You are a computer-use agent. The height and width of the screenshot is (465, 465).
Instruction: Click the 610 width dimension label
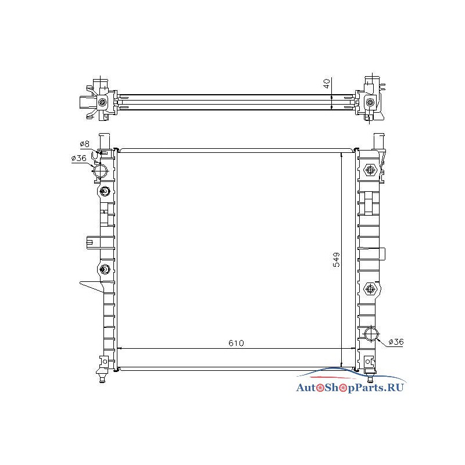pyautogui.click(x=236, y=343)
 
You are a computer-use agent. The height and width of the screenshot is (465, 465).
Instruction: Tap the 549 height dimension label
pyautogui.click(x=337, y=260)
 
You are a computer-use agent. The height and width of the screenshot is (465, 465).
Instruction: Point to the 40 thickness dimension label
pyautogui.click(x=327, y=83)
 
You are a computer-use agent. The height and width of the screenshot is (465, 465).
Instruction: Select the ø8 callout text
pyautogui.click(x=84, y=144)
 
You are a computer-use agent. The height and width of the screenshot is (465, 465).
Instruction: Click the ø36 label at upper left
pyautogui.click(x=78, y=158)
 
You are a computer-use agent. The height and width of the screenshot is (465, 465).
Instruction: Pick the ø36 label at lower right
pyautogui.click(x=396, y=342)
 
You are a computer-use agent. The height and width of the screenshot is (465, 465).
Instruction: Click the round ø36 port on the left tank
pyautogui.click(x=100, y=171)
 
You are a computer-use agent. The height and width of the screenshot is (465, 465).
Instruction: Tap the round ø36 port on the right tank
pyautogui.click(x=371, y=334)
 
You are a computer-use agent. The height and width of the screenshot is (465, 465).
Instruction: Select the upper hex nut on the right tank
pyautogui.click(x=370, y=170)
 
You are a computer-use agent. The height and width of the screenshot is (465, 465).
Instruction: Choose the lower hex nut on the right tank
pyautogui.click(x=370, y=288)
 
